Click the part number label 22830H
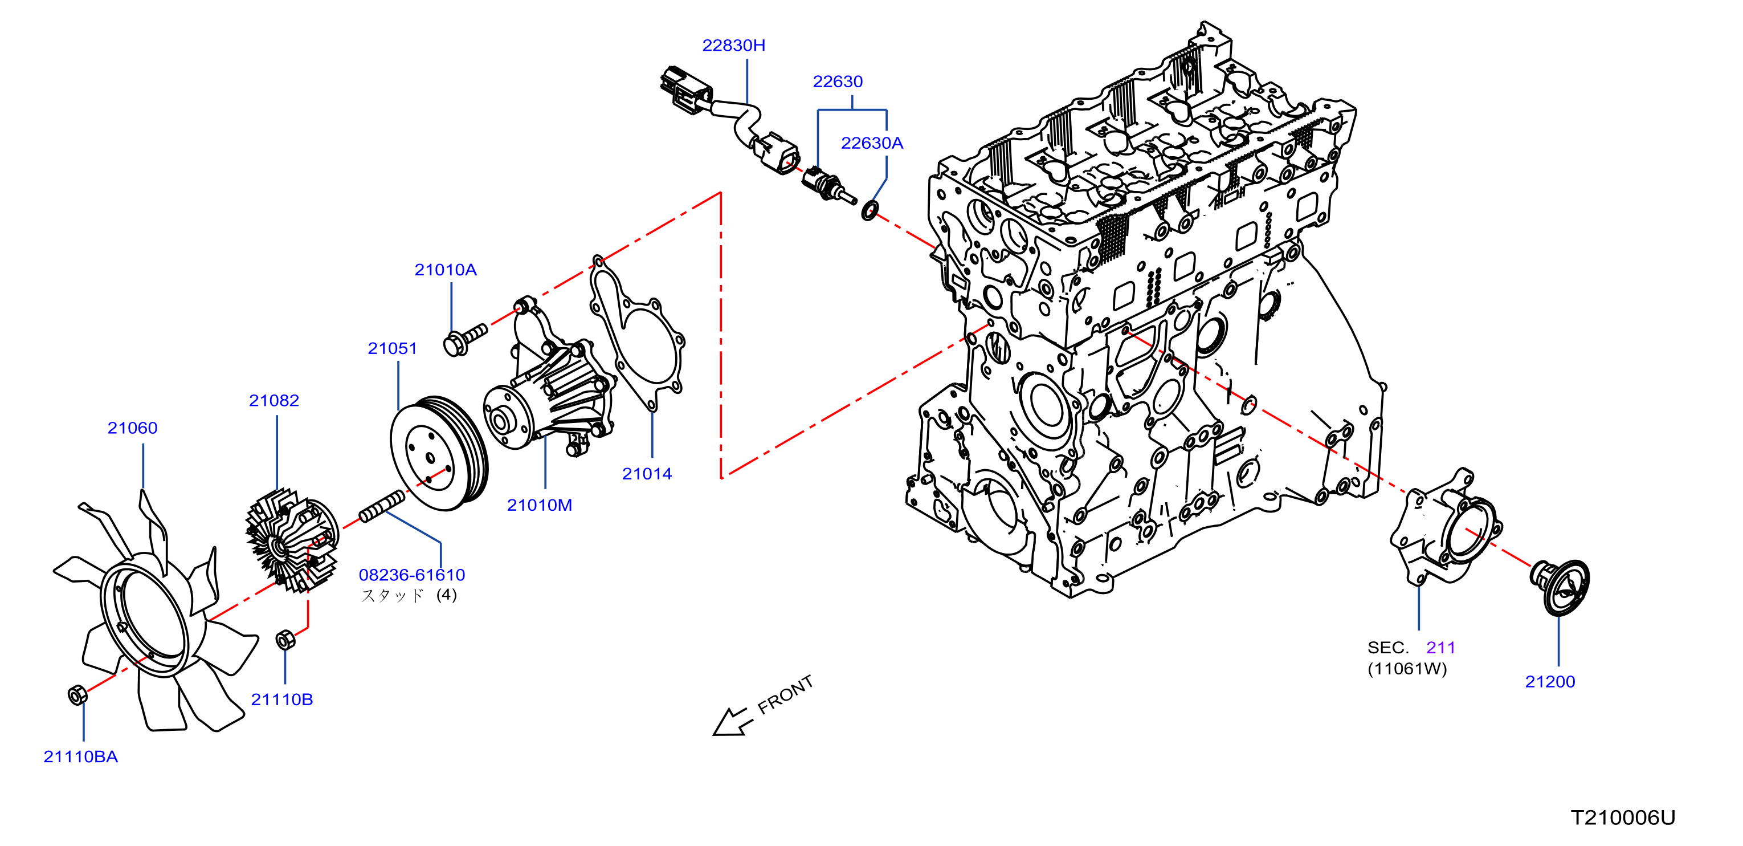click(x=733, y=46)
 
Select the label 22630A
click(x=872, y=143)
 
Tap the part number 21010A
click(x=445, y=270)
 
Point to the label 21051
click(x=392, y=348)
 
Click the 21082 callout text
click(x=274, y=400)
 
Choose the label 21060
click(x=132, y=428)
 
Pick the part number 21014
click(x=647, y=474)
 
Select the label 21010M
click(x=539, y=505)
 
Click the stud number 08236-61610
click(x=411, y=575)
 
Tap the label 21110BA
click(x=80, y=756)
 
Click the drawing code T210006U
click(x=1623, y=817)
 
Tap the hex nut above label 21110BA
click(x=78, y=695)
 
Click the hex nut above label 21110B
click(x=285, y=640)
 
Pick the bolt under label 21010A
click(x=464, y=339)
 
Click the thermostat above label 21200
click(x=1560, y=587)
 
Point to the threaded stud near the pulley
click(x=382, y=506)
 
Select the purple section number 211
click(x=1440, y=648)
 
